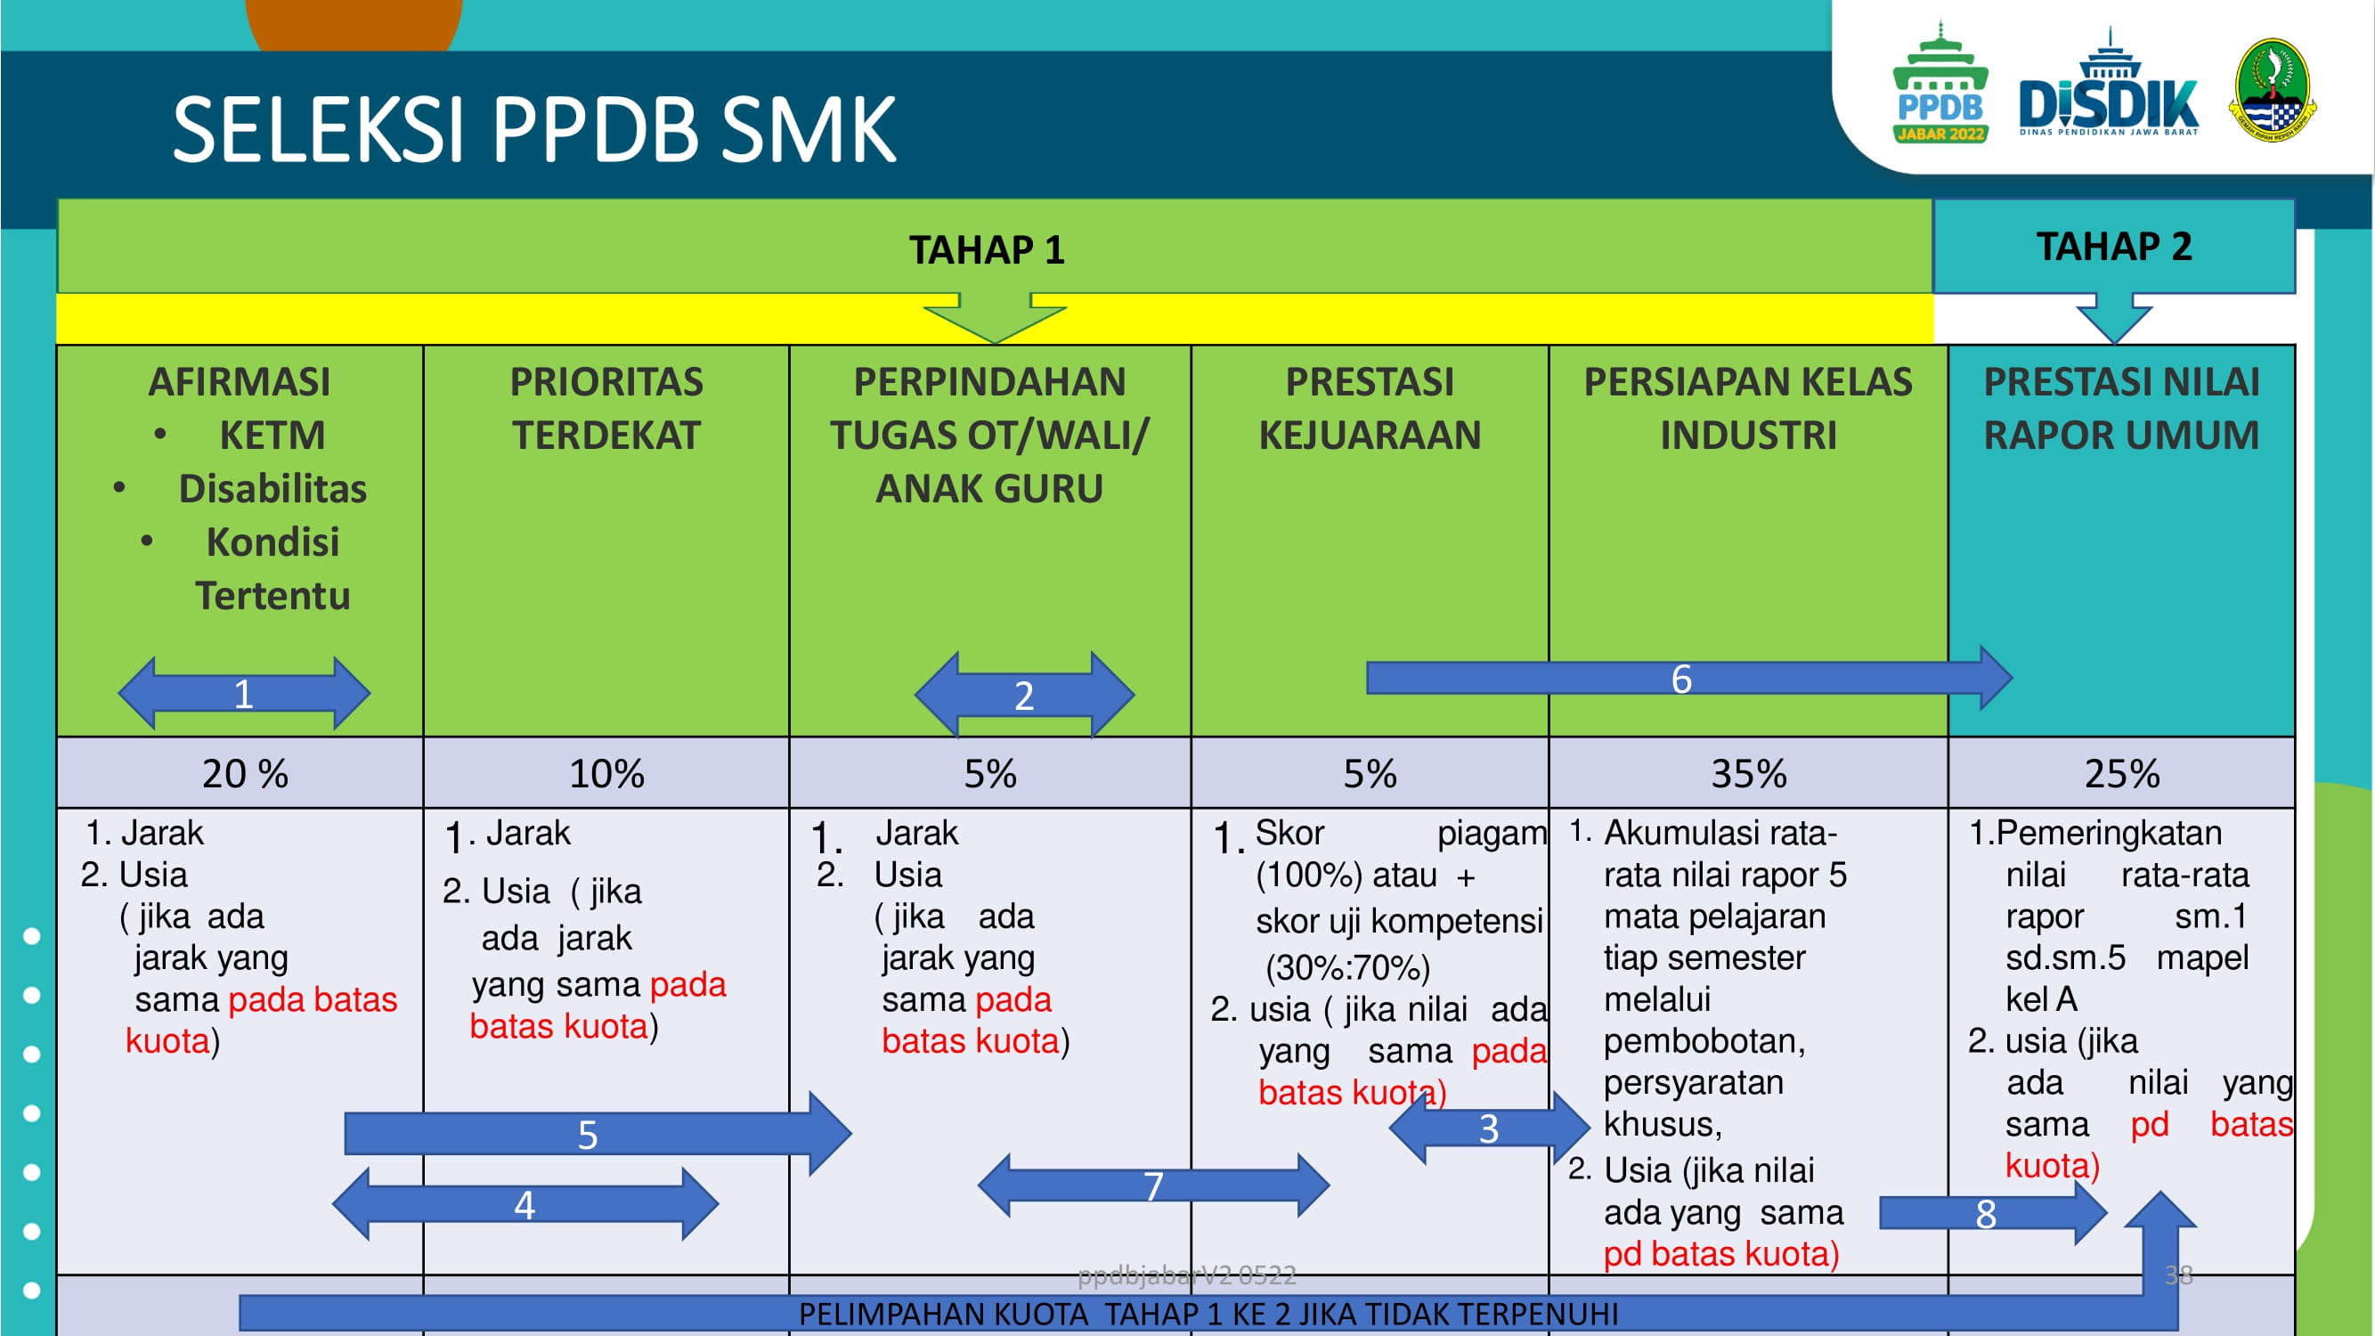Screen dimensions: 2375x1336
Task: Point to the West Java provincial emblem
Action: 2273,89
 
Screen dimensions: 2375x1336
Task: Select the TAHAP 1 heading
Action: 987,250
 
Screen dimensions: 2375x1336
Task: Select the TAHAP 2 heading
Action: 2113,246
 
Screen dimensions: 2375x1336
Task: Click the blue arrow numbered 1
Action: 244,693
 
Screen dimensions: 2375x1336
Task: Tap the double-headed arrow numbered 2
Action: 1024,696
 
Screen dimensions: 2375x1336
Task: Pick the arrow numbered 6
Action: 1689,679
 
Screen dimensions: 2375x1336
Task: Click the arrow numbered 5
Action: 598,1134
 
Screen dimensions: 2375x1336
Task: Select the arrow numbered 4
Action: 525,1204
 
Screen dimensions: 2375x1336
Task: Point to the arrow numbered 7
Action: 1153,1185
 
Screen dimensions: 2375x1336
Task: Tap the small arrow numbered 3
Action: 1489,1128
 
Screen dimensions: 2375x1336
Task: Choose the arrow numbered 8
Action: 1993,1213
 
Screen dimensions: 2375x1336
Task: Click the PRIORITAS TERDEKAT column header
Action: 606,409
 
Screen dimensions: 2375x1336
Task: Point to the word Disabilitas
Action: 272,489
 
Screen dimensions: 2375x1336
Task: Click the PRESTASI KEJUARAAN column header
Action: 1370,409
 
